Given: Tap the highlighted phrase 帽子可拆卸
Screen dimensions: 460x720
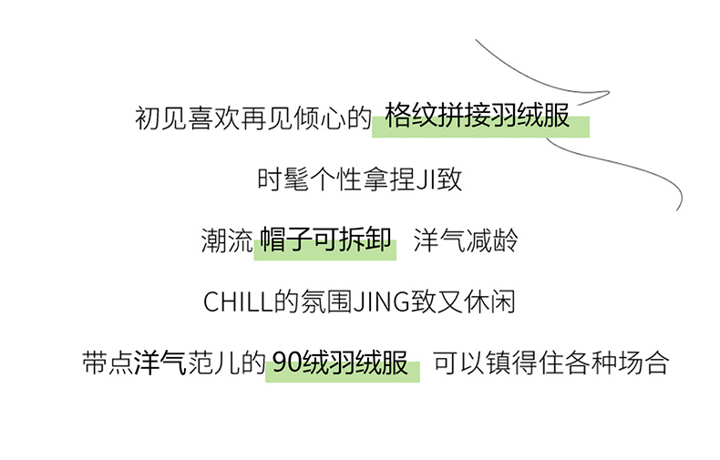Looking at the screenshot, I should point(325,241).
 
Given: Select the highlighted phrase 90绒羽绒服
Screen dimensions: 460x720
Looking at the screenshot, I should point(340,363).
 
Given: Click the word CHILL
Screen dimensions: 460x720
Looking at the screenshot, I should point(238,302).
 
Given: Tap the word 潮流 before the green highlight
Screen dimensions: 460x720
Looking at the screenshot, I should point(225,241).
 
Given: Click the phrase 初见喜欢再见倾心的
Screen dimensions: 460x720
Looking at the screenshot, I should point(252,118).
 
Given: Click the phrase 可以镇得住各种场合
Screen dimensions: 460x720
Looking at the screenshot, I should point(550,363).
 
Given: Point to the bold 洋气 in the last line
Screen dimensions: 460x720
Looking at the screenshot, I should point(159,363).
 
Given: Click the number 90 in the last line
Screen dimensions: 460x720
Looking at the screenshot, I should point(287,363).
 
